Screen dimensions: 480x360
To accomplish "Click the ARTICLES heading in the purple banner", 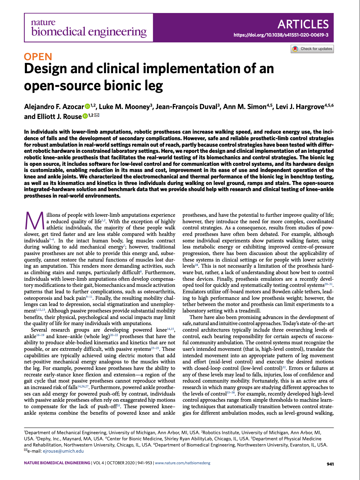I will (x=303, y=24).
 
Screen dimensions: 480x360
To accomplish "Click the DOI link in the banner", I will (x=281, y=35).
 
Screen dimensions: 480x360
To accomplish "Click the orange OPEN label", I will (x=38, y=57).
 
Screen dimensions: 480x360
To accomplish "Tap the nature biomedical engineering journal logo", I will (x=88, y=28).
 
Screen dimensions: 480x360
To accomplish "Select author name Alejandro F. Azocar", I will (x=54, y=107).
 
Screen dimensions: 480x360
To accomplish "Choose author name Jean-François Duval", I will (x=186, y=107).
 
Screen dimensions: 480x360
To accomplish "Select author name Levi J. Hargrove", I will (x=300, y=107).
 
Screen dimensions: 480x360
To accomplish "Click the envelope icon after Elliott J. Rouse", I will (x=97, y=116).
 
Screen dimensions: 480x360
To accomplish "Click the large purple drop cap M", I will (x=34, y=221).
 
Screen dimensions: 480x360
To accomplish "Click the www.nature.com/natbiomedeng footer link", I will (x=183, y=463).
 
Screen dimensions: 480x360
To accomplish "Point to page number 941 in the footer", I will (x=330, y=464).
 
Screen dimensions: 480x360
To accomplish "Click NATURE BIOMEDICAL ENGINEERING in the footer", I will (x=57, y=463).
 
